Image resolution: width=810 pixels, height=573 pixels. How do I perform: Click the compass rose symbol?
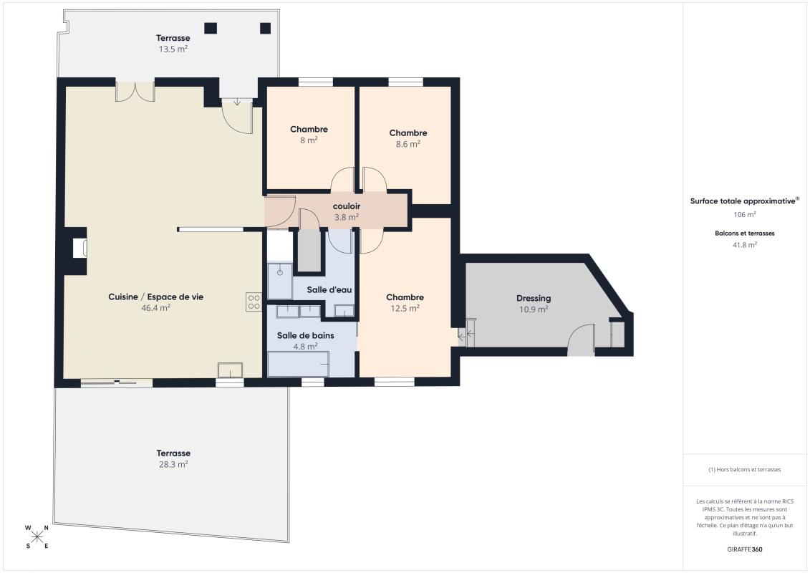coord(37,537)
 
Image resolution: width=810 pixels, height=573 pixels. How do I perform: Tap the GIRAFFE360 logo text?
coord(744,549)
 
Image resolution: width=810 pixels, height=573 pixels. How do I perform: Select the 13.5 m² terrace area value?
coord(173,49)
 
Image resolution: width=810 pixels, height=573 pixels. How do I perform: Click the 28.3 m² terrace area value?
coord(173,464)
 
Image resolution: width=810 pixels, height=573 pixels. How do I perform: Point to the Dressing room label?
coord(534,298)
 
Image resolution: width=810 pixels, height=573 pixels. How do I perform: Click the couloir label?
coord(347,206)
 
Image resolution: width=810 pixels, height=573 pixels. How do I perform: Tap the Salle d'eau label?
coord(329,290)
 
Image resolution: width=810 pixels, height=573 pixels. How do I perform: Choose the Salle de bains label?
coord(305,335)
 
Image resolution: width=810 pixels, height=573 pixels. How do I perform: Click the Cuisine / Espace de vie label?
coord(156,297)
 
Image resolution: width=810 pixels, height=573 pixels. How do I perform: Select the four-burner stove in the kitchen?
coord(254,302)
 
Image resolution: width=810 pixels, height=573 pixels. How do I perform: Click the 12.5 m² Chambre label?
coord(405,297)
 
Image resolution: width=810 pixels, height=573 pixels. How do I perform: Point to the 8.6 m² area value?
coord(408,144)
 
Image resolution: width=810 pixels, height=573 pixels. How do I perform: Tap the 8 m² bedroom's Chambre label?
coord(309,129)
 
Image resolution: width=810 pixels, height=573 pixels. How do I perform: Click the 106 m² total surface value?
coord(745,214)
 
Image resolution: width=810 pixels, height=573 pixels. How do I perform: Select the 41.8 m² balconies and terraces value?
coord(745,245)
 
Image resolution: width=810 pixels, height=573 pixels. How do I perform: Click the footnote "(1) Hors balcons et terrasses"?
coord(745,470)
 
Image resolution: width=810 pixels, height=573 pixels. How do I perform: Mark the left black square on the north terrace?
coord(211,28)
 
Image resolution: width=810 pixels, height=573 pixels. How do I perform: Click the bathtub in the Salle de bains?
coord(299,364)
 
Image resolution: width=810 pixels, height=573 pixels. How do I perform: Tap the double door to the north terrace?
coord(135,91)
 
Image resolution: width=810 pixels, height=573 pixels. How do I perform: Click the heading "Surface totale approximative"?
coord(743,201)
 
